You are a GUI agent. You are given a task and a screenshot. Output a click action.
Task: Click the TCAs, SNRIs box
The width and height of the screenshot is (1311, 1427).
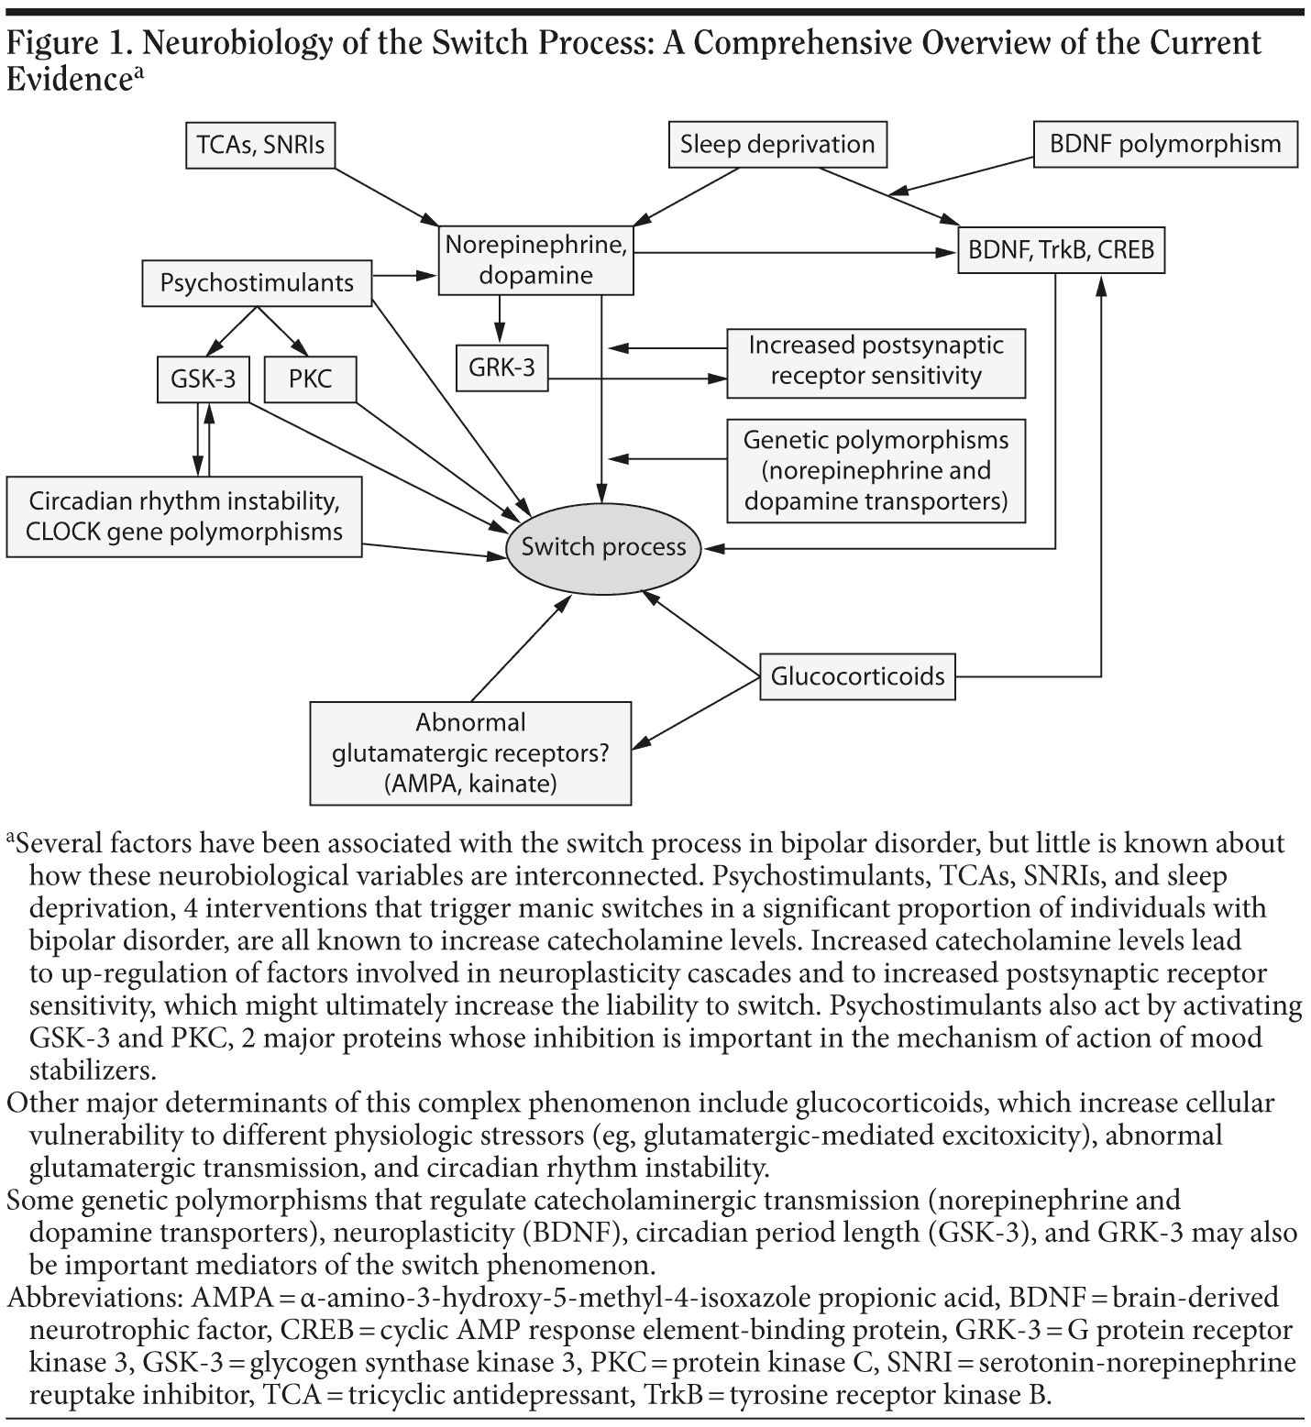pos(260,145)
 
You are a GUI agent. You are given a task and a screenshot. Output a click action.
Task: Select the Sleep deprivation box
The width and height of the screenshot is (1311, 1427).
pos(777,145)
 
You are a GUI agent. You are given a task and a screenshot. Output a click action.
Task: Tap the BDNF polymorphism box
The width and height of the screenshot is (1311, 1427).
pos(1165,144)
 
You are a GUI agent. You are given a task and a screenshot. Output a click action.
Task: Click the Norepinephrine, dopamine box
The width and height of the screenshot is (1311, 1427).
pos(535,260)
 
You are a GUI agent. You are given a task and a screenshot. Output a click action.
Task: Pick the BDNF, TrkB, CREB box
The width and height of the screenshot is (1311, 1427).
pos(1061,249)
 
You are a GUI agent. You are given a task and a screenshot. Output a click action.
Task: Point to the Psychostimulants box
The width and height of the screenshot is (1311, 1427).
pos(258,282)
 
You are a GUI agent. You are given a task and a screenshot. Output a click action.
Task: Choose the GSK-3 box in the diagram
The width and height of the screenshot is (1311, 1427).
pos(203,378)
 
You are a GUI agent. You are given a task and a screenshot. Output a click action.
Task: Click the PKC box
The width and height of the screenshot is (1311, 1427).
pos(310,378)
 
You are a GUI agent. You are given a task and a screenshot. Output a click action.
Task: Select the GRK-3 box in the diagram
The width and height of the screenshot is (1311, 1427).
pos(501,368)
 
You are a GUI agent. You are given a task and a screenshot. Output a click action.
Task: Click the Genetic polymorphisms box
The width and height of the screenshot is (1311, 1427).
pos(876,470)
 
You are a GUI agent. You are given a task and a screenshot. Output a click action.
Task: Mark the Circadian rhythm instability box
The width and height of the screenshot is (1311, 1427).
pos(184,517)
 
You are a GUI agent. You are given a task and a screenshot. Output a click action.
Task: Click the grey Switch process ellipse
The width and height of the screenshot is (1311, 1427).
pos(603,547)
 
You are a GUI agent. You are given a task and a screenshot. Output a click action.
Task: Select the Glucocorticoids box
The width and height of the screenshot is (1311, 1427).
pos(857,676)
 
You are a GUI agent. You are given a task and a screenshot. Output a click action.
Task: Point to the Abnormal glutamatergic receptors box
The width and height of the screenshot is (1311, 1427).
pos(470,752)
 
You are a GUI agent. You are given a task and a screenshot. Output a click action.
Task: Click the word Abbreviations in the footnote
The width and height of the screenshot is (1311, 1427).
pos(95,1299)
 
